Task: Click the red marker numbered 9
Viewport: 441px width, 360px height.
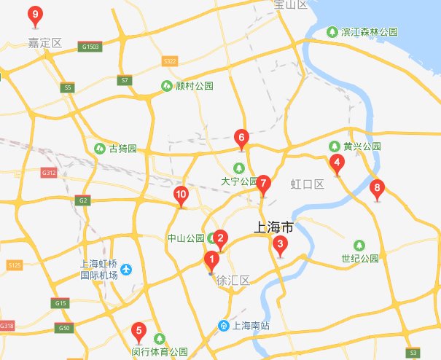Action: tap(34, 15)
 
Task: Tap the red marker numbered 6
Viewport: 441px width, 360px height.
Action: tap(241, 137)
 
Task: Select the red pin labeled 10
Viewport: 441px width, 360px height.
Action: tap(181, 195)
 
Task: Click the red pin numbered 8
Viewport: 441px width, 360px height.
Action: tap(376, 189)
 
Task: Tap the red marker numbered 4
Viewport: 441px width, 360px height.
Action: tap(336, 163)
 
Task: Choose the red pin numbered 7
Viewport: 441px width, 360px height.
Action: tap(264, 184)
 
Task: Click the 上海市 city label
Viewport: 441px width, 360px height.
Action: tap(274, 227)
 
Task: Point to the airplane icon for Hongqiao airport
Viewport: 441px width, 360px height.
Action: tap(126, 270)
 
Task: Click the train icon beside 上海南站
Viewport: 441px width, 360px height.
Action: tap(224, 325)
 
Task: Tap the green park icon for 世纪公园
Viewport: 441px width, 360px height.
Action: tap(359, 245)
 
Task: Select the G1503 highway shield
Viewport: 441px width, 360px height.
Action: tap(91, 45)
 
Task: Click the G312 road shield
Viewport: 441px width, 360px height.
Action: tap(49, 173)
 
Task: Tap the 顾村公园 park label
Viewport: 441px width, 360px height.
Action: tap(195, 85)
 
